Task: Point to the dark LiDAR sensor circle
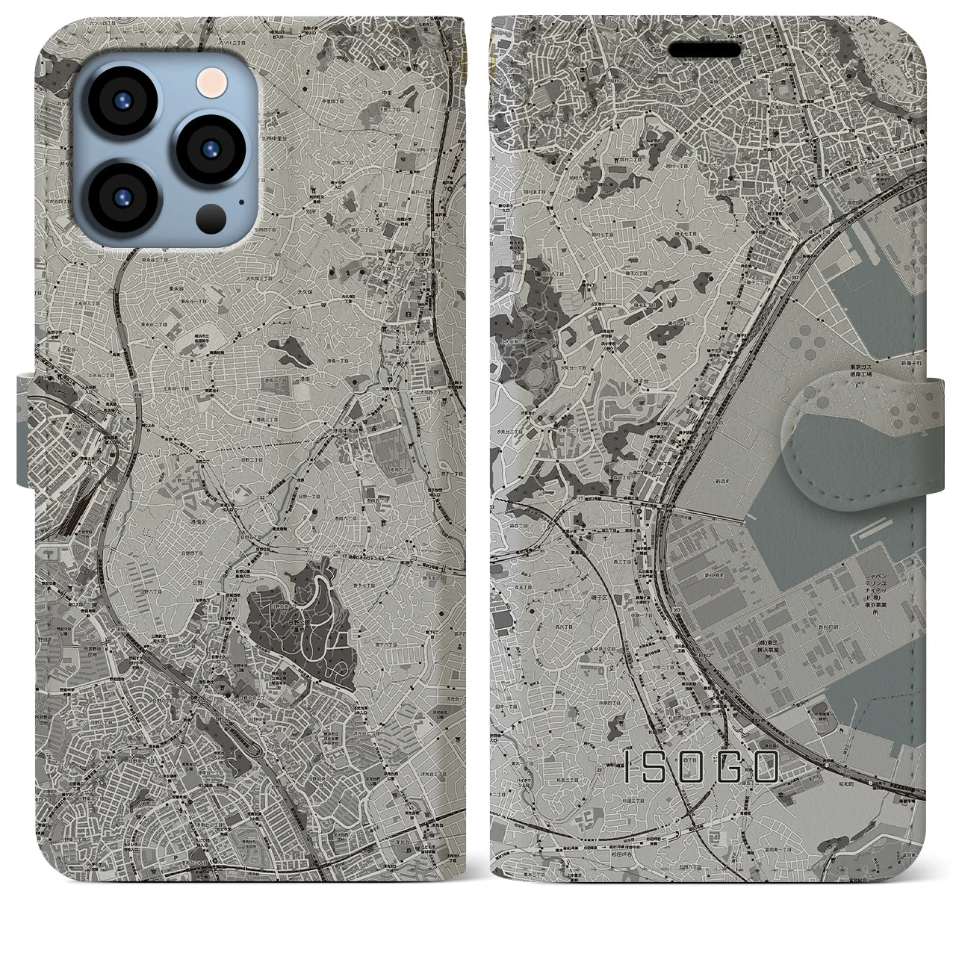click(x=209, y=217)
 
